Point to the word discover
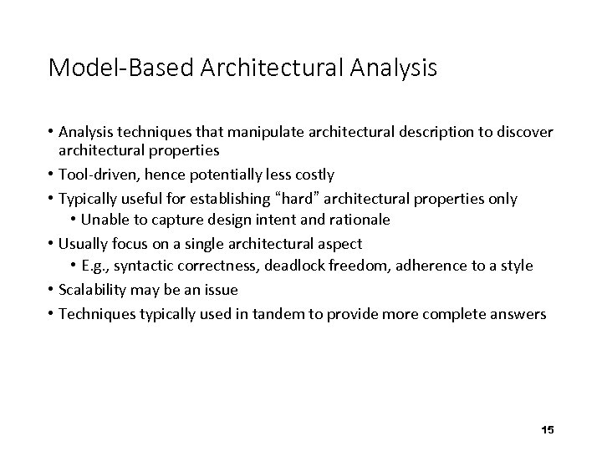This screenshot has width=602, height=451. pyautogui.click(x=525, y=134)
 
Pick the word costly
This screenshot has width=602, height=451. pyautogui.click(x=311, y=175)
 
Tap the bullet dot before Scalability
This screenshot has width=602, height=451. pyautogui.click(x=52, y=290)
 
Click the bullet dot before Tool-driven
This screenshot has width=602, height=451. pyautogui.click(x=52, y=175)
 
